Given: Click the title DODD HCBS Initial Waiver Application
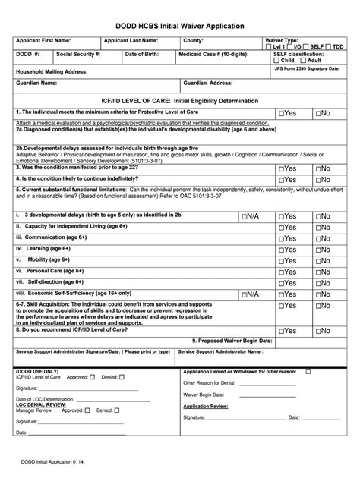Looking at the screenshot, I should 179,26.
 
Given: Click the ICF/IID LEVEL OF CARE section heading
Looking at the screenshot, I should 180,99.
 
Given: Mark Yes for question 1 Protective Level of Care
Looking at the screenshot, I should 281,113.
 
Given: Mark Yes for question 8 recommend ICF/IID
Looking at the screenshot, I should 281,331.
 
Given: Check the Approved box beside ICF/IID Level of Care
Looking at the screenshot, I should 92,376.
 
